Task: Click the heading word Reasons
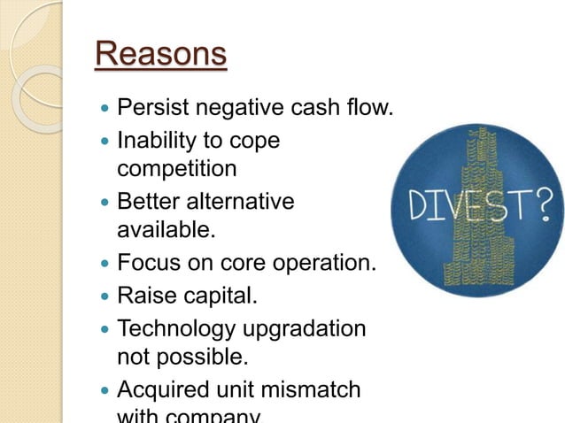[160, 55]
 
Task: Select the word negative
[236, 110]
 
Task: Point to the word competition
[177, 169]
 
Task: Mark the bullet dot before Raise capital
[106, 295]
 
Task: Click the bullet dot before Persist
[106, 111]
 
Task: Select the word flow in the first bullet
[369, 110]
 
